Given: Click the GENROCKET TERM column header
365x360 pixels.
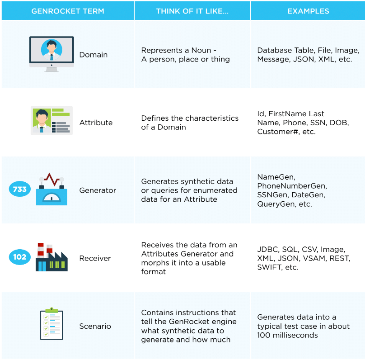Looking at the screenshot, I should (x=68, y=11).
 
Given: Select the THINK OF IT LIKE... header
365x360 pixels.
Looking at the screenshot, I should (x=192, y=11).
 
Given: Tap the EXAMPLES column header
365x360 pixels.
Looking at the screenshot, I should (x=308, y=11).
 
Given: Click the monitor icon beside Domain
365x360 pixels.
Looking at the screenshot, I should (x=51, y=54).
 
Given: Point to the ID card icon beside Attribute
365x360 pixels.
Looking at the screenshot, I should (x=51, y=121).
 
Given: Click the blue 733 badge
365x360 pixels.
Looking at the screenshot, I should (x=20, y=189).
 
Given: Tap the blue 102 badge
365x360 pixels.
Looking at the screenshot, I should (x=20, y=257).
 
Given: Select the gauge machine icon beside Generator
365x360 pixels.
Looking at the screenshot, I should (x=51, y=189).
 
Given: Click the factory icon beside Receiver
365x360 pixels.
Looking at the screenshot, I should (x=51, y=257).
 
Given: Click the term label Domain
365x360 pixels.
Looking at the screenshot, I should (x=94, y=55).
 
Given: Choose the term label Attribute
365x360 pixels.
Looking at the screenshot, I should (x=96, y=123).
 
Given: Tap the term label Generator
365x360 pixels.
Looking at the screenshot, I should (x=98, y=190).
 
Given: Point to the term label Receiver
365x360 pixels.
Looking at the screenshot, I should (x=95, y=258).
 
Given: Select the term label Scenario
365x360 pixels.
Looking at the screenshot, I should (x=95, y=326).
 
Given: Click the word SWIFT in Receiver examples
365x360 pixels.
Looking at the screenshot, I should (x=269, y=267).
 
